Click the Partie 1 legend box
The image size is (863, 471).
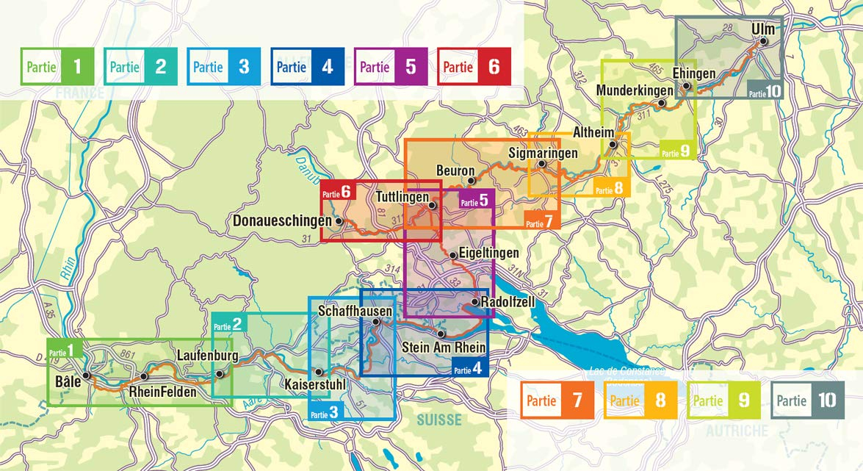point(57,67)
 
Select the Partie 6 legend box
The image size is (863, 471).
point(474,67)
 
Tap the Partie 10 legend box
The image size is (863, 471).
point(806,401)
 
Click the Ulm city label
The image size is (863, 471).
point(763,29)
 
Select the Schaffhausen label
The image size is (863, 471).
point(355,312)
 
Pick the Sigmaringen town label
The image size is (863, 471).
point(543,153)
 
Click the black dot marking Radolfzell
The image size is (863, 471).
point(475,302)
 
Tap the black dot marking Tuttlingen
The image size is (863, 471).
point(433,206)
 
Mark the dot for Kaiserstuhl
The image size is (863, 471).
point(319,373)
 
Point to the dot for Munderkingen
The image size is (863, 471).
point(662,104)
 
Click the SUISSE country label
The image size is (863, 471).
point(439,420)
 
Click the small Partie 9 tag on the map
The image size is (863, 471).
point(676,152)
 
